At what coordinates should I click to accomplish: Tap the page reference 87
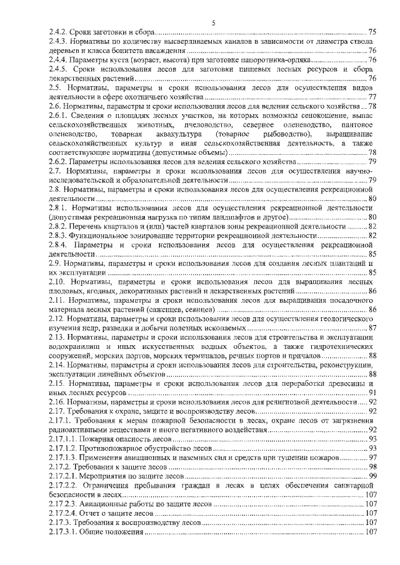(x=372, y=328)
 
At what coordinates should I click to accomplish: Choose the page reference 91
(x=372, y=393)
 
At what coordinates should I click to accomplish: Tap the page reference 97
(x=372, y=458)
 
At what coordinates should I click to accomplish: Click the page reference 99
(x=372, y=476)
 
